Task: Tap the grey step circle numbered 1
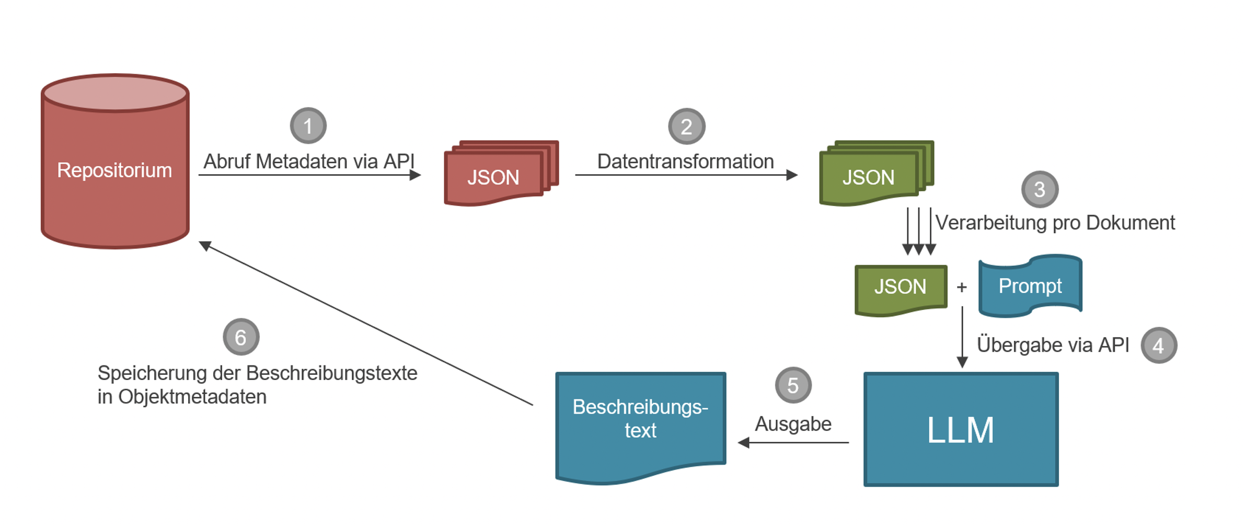(308, 126)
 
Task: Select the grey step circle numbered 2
(686, 127)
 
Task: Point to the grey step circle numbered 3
(1039, 189)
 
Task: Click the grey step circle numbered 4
(1158, 346)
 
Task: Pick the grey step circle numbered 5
(793, 385)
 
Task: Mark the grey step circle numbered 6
(241, 337)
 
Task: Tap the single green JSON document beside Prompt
(900, 289)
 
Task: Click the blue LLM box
(961, 429)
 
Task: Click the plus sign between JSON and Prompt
(962, 287)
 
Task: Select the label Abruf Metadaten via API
(308, 162)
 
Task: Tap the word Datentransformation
(685, 162)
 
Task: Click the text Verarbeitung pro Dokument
(1055, 223)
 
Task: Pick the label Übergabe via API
(1053, 345)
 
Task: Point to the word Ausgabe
(793, 424)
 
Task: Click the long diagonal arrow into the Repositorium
(366, 324)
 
